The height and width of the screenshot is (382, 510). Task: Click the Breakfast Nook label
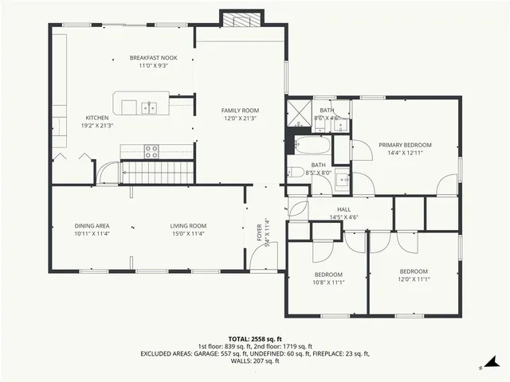click(x=153, y=58)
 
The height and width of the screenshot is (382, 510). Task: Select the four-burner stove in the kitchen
click(x=151, y=151)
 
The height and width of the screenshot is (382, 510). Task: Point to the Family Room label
click(x=240, y=111)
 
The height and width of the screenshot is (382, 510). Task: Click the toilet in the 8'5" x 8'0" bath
click(x=296, y=171)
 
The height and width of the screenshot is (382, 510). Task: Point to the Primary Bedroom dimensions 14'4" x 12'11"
click(x=405, y=153)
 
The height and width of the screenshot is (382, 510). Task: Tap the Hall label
click(x=343, y=209)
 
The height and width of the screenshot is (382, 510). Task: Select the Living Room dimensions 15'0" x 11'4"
click(x=187, y=234)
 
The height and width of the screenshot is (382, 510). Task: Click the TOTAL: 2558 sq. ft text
click(x=254, y=339)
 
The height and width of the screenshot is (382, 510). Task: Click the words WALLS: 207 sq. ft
click(x=254, y=361)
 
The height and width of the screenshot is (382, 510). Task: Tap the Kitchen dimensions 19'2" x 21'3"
click(x=97, y=125)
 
